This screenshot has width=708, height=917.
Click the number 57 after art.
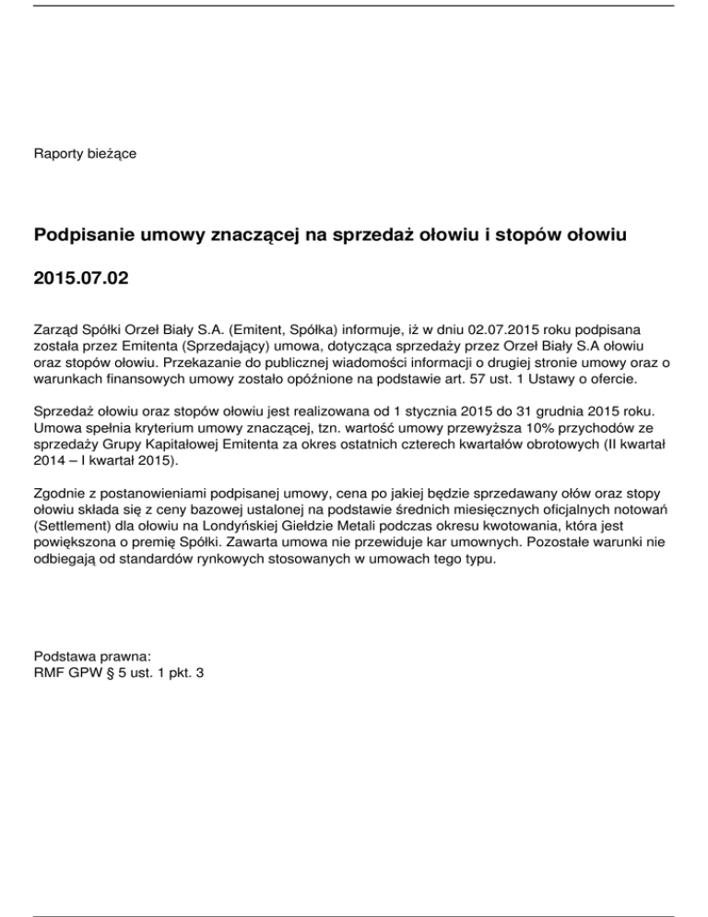[x=477, y=378]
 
